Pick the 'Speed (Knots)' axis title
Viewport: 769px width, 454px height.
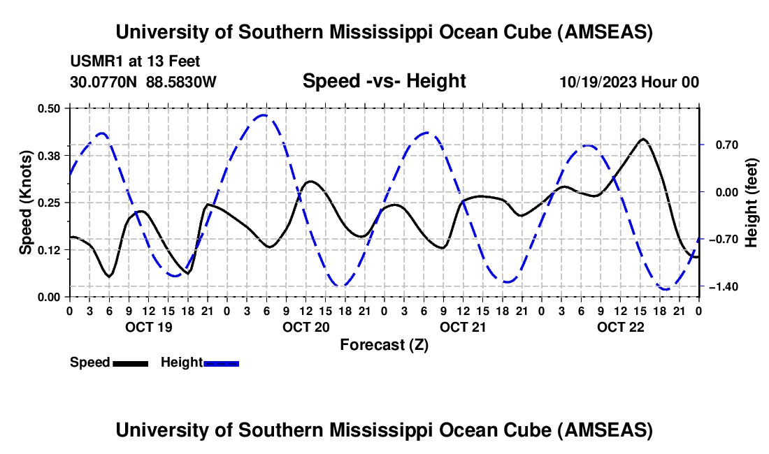(25, 203)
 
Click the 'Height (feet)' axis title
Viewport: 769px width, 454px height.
(751, 203)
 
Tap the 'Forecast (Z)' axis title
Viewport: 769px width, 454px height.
(384, 344)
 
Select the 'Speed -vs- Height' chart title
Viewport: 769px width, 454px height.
(384, 81)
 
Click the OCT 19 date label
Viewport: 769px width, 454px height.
(148, 327)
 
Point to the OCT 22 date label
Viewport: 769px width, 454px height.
(619, 327)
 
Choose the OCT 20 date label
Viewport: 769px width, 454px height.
(305, 327)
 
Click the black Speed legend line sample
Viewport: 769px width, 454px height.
(130, 363)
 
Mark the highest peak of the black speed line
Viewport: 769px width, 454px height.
(643, 139)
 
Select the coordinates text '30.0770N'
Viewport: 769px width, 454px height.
(105, 82)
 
